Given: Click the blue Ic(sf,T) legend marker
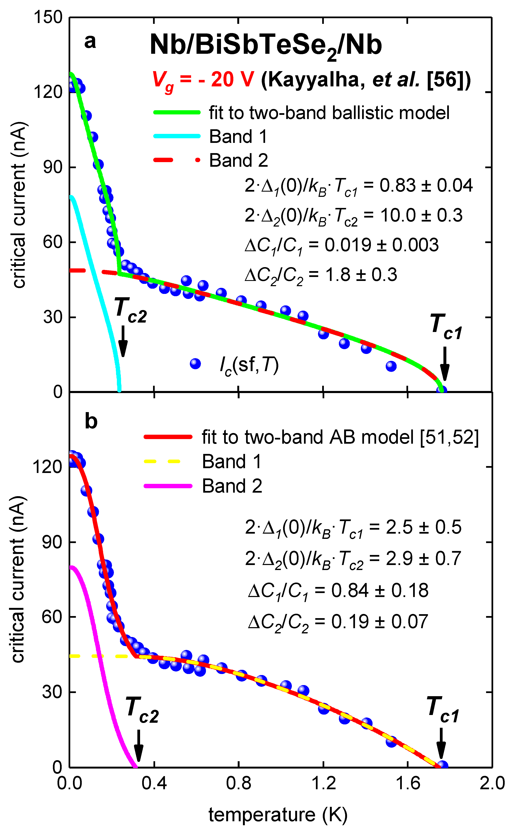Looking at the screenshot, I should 195,364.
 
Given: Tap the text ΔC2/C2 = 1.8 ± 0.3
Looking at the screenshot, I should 321,275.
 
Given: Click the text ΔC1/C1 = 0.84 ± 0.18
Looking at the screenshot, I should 338,591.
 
